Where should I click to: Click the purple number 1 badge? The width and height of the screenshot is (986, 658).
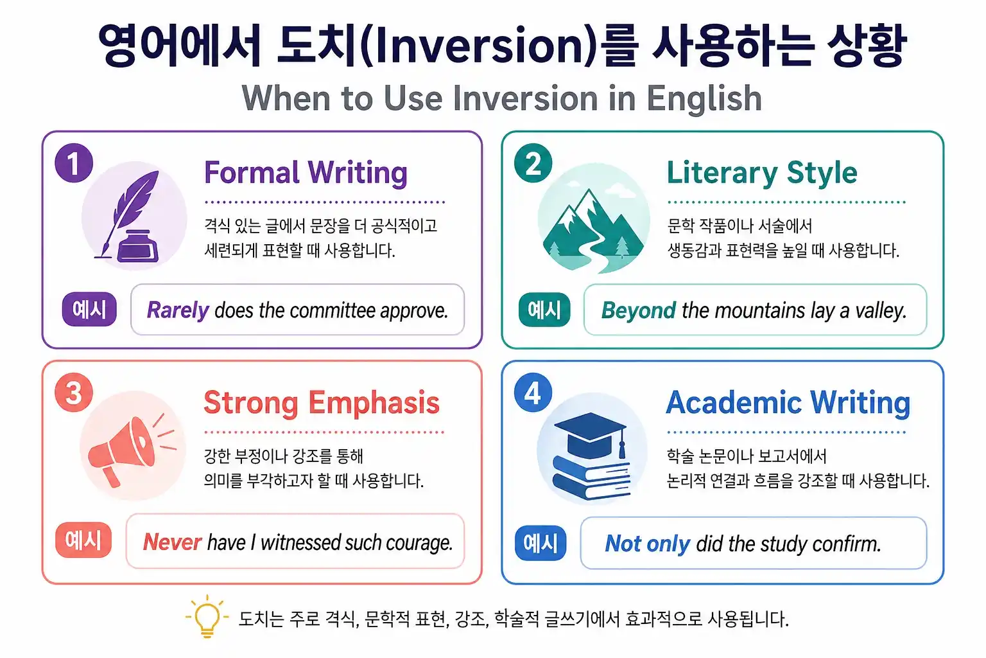click(74, 163)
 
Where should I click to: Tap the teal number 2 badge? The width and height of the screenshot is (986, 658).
click(533, 163)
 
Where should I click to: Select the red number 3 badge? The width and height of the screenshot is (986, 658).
click(74, 393)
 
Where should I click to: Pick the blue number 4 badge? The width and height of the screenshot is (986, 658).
click(533, 393)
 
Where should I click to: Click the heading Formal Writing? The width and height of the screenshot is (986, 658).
click(306, 173)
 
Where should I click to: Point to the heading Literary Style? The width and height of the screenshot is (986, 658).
click(762, 173)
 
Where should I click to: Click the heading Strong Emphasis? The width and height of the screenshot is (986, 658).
click(321, 403)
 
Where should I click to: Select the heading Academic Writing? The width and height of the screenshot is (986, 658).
click(788, 403)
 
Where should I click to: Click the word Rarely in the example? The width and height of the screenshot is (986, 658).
click(178, 310)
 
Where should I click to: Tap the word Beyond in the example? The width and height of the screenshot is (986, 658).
click(638, 310)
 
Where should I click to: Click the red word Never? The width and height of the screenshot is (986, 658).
click(172, 542)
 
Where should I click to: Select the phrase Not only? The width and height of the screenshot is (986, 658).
click(647, 544)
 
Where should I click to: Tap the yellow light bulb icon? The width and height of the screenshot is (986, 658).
click(207, 618)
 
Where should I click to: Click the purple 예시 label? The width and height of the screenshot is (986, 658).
click(89, 309)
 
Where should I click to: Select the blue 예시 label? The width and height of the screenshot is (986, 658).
click(541, 543)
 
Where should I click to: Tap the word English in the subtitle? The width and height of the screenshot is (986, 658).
click(704, 98)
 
